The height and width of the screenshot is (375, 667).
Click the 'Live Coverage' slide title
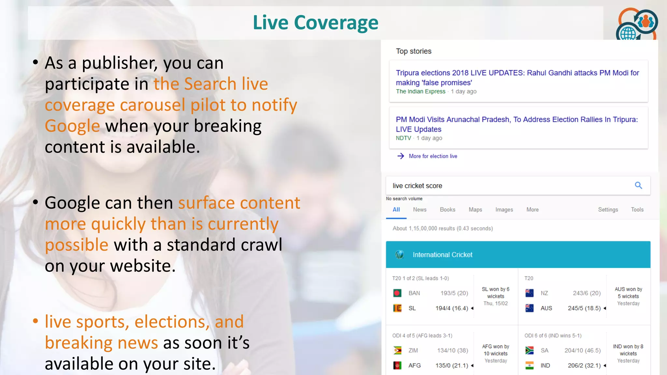pos(315,23)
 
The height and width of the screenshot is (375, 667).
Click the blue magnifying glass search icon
pos(638,186)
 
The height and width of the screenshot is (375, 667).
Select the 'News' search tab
pos(419,210)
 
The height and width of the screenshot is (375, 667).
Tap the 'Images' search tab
pos(504,210)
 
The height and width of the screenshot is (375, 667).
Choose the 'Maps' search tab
pos(475,210)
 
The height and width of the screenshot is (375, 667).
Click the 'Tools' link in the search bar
pos(637,210)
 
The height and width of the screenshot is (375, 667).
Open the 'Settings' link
pos(608,210)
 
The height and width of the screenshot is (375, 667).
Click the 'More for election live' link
pos(433,156)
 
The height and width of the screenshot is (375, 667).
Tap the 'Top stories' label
pos(413,51)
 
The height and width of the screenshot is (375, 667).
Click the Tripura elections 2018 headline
pos(517,77)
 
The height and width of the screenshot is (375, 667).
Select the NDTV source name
pos(403,138)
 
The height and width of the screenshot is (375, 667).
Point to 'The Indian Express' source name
pos(420,91)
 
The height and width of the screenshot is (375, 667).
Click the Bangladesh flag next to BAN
pos(397,293)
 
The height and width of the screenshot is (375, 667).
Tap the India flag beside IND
pos(529,366)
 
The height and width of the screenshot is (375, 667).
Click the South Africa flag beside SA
pos(529,350)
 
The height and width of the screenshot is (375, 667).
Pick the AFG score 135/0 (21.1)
pos(451,366)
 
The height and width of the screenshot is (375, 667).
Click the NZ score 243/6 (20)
pos(587,293)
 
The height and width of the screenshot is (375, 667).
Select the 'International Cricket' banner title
pos(442,255)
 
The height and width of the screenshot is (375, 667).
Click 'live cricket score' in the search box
pos(417,186)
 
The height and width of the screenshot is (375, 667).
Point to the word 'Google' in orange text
pos(72,126)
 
